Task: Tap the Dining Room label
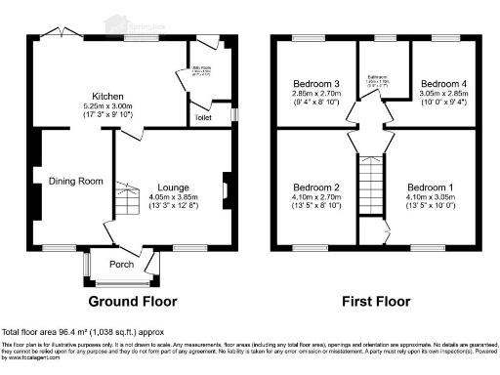pos(76,181)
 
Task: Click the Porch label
pos(121,263)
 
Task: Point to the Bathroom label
pos(371,75)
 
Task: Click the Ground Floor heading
pos(132,300)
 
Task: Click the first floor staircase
pos(371,186)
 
